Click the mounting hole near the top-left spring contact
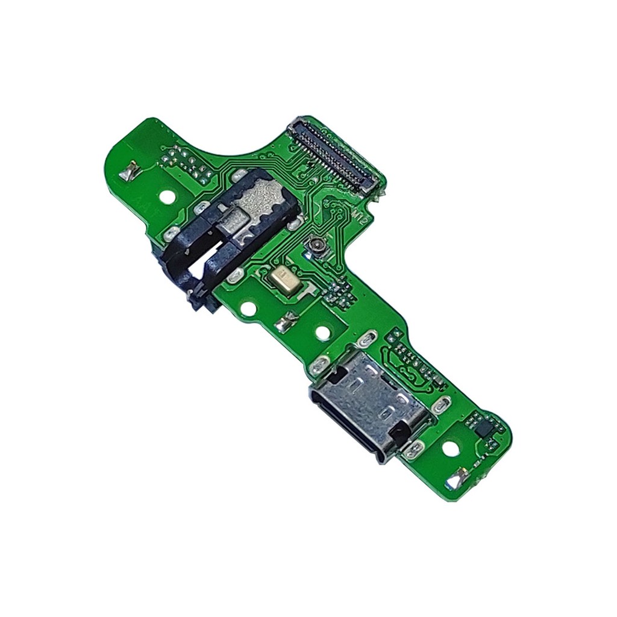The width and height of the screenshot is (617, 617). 164,198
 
